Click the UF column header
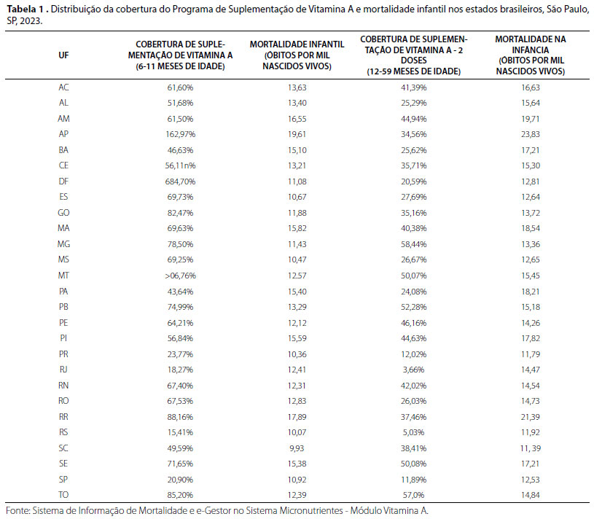(x=63, y=55)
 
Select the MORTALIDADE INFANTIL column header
(x=297, y=55)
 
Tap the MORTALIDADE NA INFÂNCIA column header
(x=531, y=55)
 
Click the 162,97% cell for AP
(x=180, y=134)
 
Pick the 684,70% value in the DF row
(x=180, y=182)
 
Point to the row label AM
(x=63, y=119)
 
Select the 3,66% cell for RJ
(x=414, y=370)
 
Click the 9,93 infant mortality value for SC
(x=297, y=448)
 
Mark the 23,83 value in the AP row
(x=531, y=134)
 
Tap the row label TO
(x=63, y=495)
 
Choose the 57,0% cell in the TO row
(x=414, y=495)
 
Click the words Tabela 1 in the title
(x=25, y=9)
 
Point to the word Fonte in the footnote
(x=17, y=511)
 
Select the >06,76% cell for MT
(x=180, y=276)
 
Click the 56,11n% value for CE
(x=180, y=165)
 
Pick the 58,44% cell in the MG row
(x=414, y=244)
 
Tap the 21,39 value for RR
(x=531, y=417)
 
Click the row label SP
(x=63, y=479)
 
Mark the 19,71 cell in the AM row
(x=531, y=119)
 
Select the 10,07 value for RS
(x=297, y=432)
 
